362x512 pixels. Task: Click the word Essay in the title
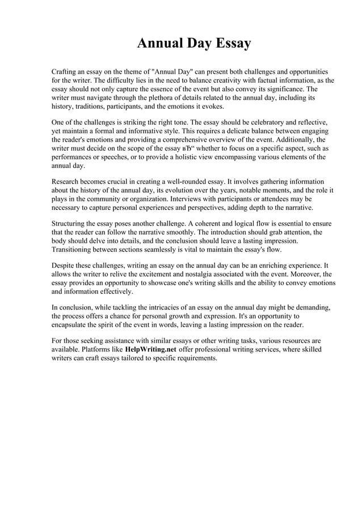point(230,44)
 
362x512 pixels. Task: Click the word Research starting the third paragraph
point(68,182)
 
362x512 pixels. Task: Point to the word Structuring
point(70,224)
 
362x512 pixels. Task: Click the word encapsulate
point(74,325)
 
